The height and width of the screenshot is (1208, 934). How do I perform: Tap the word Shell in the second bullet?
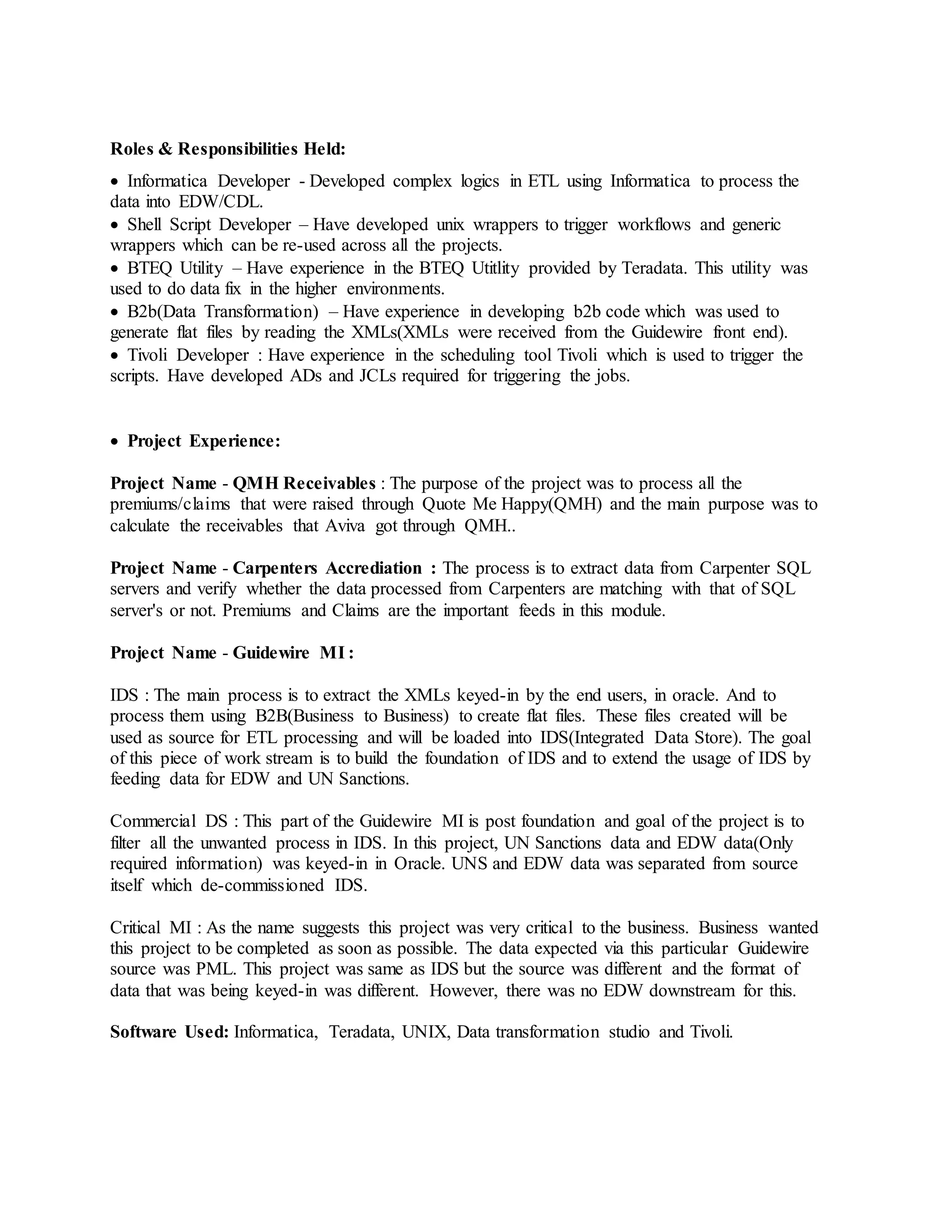click(x=145, y=225)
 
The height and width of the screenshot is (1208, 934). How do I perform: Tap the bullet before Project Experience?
click(x=114, y=442)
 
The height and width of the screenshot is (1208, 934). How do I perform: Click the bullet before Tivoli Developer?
click(x=114, y=356)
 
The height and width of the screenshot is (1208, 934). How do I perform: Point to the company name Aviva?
click(x=345, y=526)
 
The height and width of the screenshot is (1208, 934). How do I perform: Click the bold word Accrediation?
click(x=374, y=568)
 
